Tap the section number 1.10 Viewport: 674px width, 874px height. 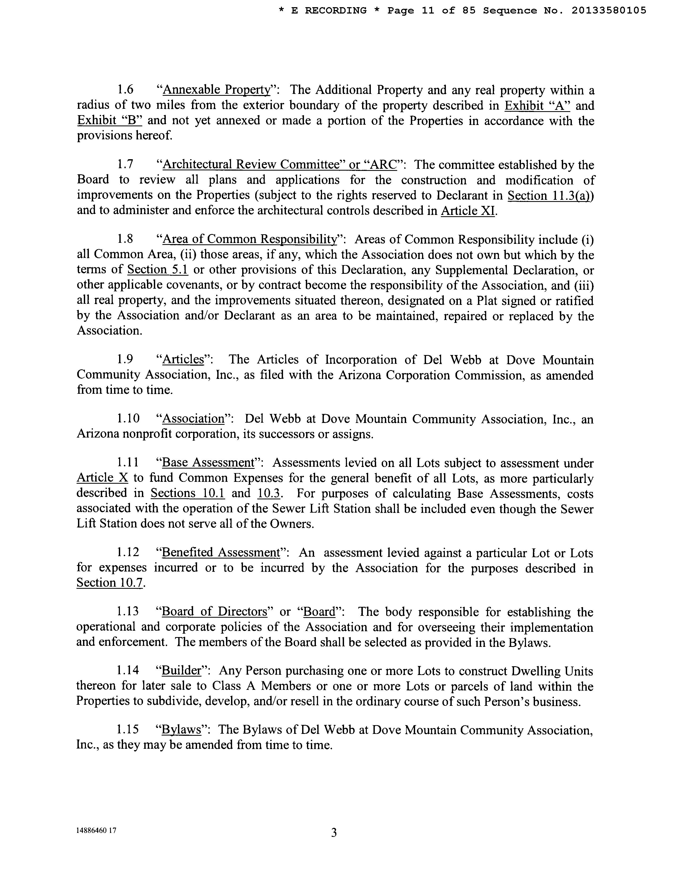click(128, 419)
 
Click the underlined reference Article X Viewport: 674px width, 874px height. click(102, 478)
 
